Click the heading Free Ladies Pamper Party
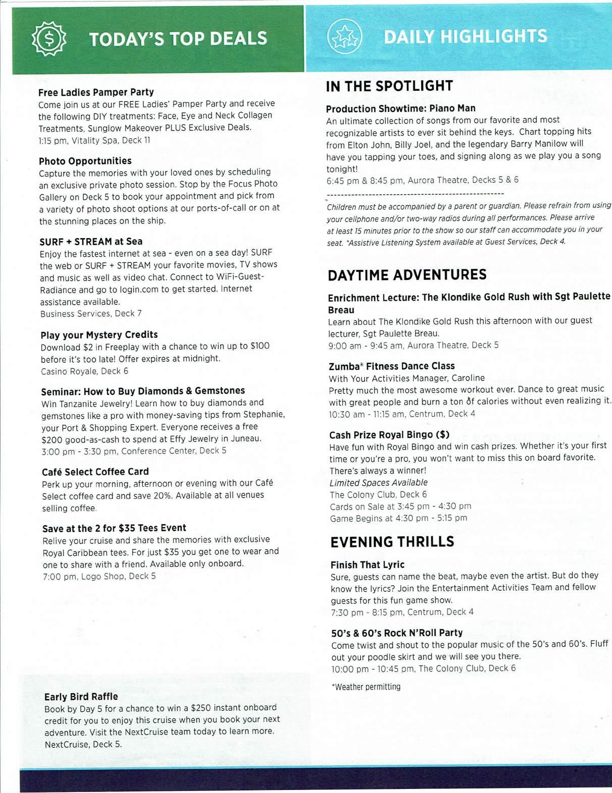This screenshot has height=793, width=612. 96,92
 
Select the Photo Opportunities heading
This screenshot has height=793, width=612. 85,161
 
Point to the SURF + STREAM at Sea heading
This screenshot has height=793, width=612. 91,242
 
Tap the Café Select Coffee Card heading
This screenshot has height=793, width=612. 95,472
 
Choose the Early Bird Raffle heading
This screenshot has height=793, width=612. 81,697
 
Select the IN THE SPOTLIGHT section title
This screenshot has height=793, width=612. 389,86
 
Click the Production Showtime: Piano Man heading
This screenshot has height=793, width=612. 400,108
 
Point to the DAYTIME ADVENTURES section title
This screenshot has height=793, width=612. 407,275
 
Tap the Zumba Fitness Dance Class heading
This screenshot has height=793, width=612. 391,366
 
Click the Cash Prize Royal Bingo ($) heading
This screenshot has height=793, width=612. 389,435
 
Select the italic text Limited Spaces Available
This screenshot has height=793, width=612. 378,483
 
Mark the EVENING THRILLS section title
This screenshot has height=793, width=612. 392,542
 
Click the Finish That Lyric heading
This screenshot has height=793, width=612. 367,564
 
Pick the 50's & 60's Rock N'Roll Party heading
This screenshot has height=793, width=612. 397,633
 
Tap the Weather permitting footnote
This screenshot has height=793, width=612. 366,687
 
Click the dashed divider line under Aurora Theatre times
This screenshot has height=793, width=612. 415,194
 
